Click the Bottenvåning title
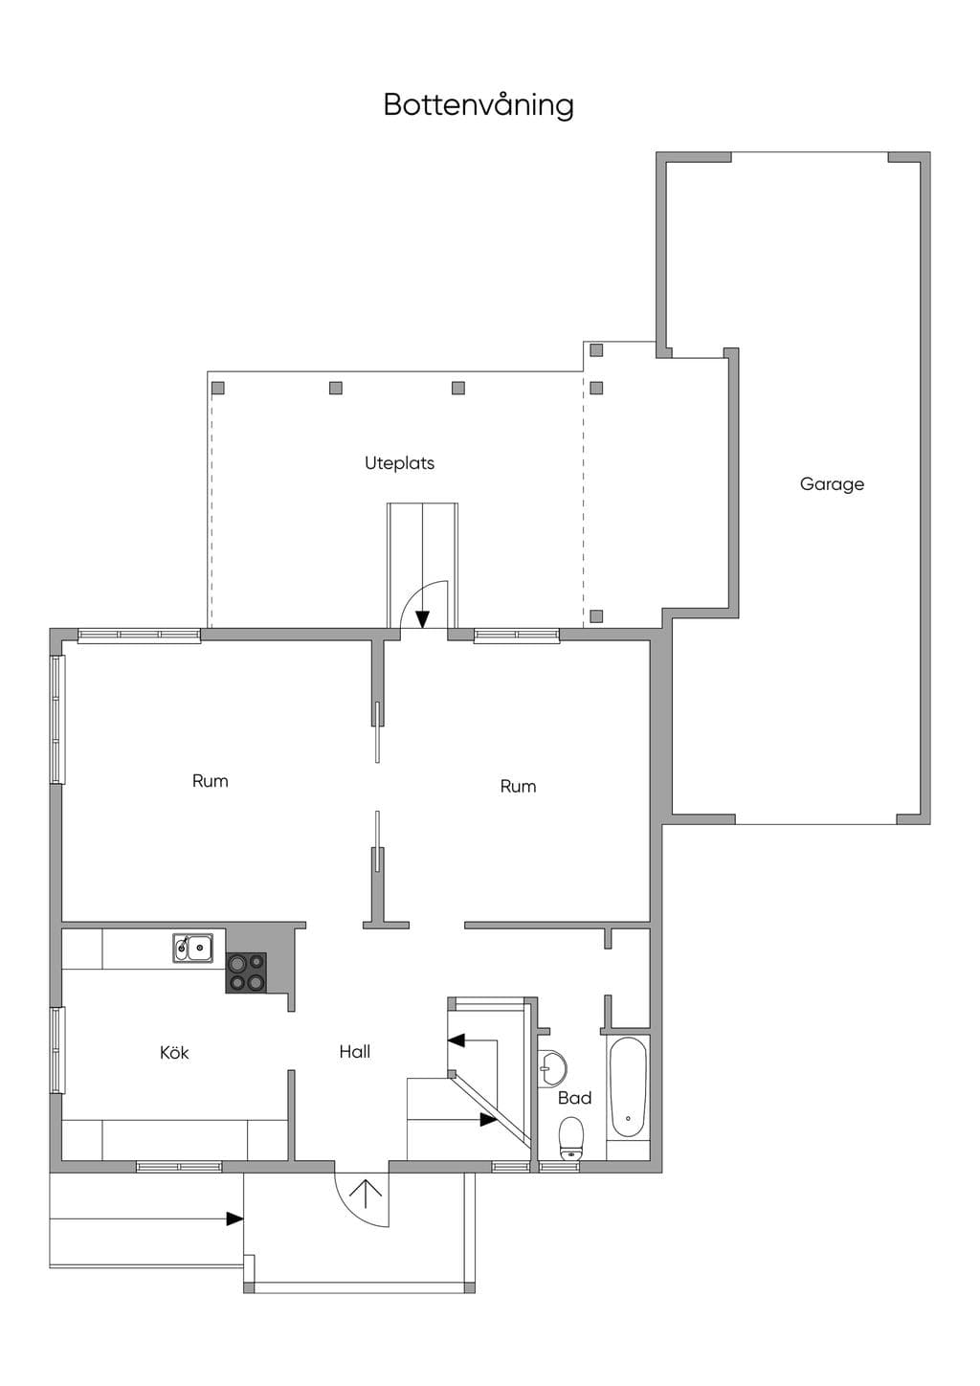click(x=479, y=105)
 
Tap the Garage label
click(x=832, y=484)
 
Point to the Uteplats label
click(x=399, y=463)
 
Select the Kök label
click(x=174, y=1052)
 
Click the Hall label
click(x=354, y=1051)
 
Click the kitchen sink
click(x=192, y=948)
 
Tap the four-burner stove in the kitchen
click(x=246, y=972)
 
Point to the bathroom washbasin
click(x=552, y=1068)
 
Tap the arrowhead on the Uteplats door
click(x=422, y=619)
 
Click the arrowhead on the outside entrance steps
click(x=234, y=1218)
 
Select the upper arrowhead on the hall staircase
click(x=456, y=1040)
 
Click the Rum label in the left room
click(x=210, y=781)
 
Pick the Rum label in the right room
click(x=518, y=787)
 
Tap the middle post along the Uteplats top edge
click(x=336, y=388)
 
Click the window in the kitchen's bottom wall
click(x=179, y=1167)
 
